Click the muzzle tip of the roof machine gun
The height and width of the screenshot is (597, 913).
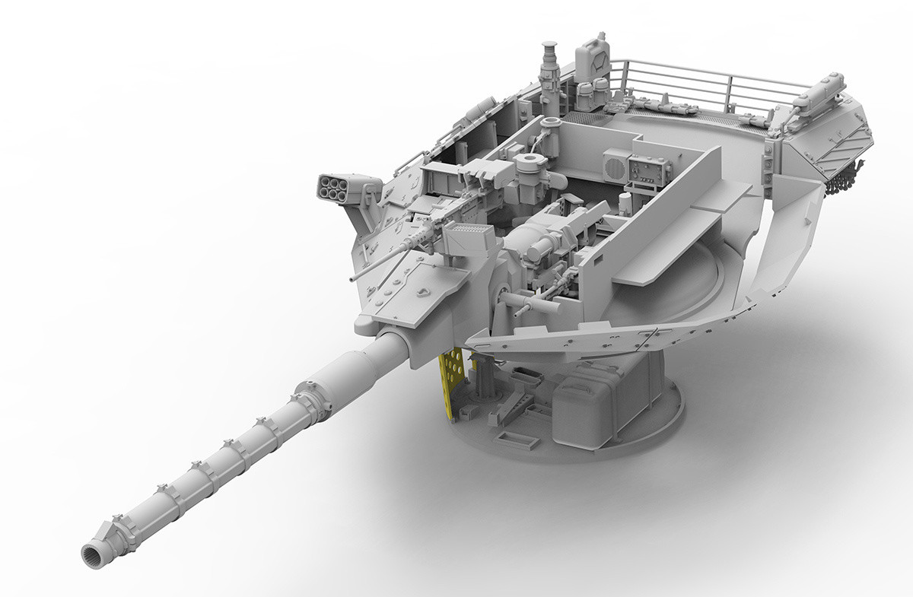pos(353,278)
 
